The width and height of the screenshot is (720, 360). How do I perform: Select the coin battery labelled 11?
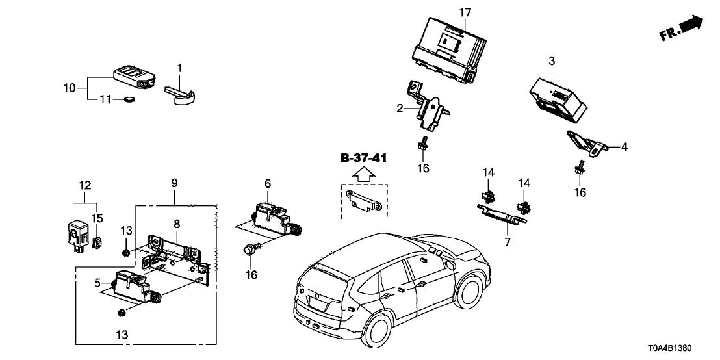[x=129, y=100]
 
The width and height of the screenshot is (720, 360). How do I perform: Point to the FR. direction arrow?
[x=682, y=29]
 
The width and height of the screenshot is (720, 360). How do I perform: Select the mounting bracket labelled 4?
[x=585, y=144]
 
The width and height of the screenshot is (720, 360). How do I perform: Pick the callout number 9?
[x=174, y=183]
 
